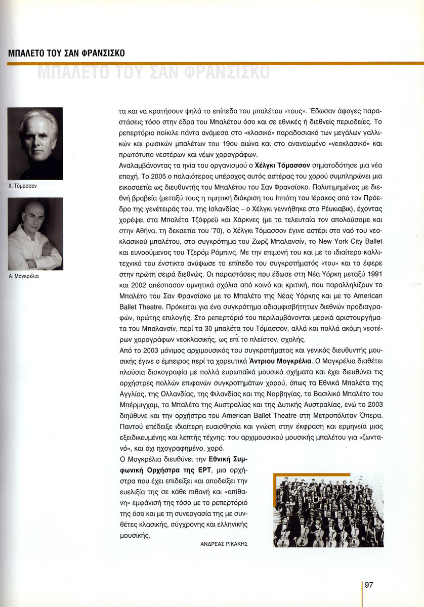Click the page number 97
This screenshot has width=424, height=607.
coord(369,585)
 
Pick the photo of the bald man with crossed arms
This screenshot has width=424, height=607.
coord(35,233)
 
